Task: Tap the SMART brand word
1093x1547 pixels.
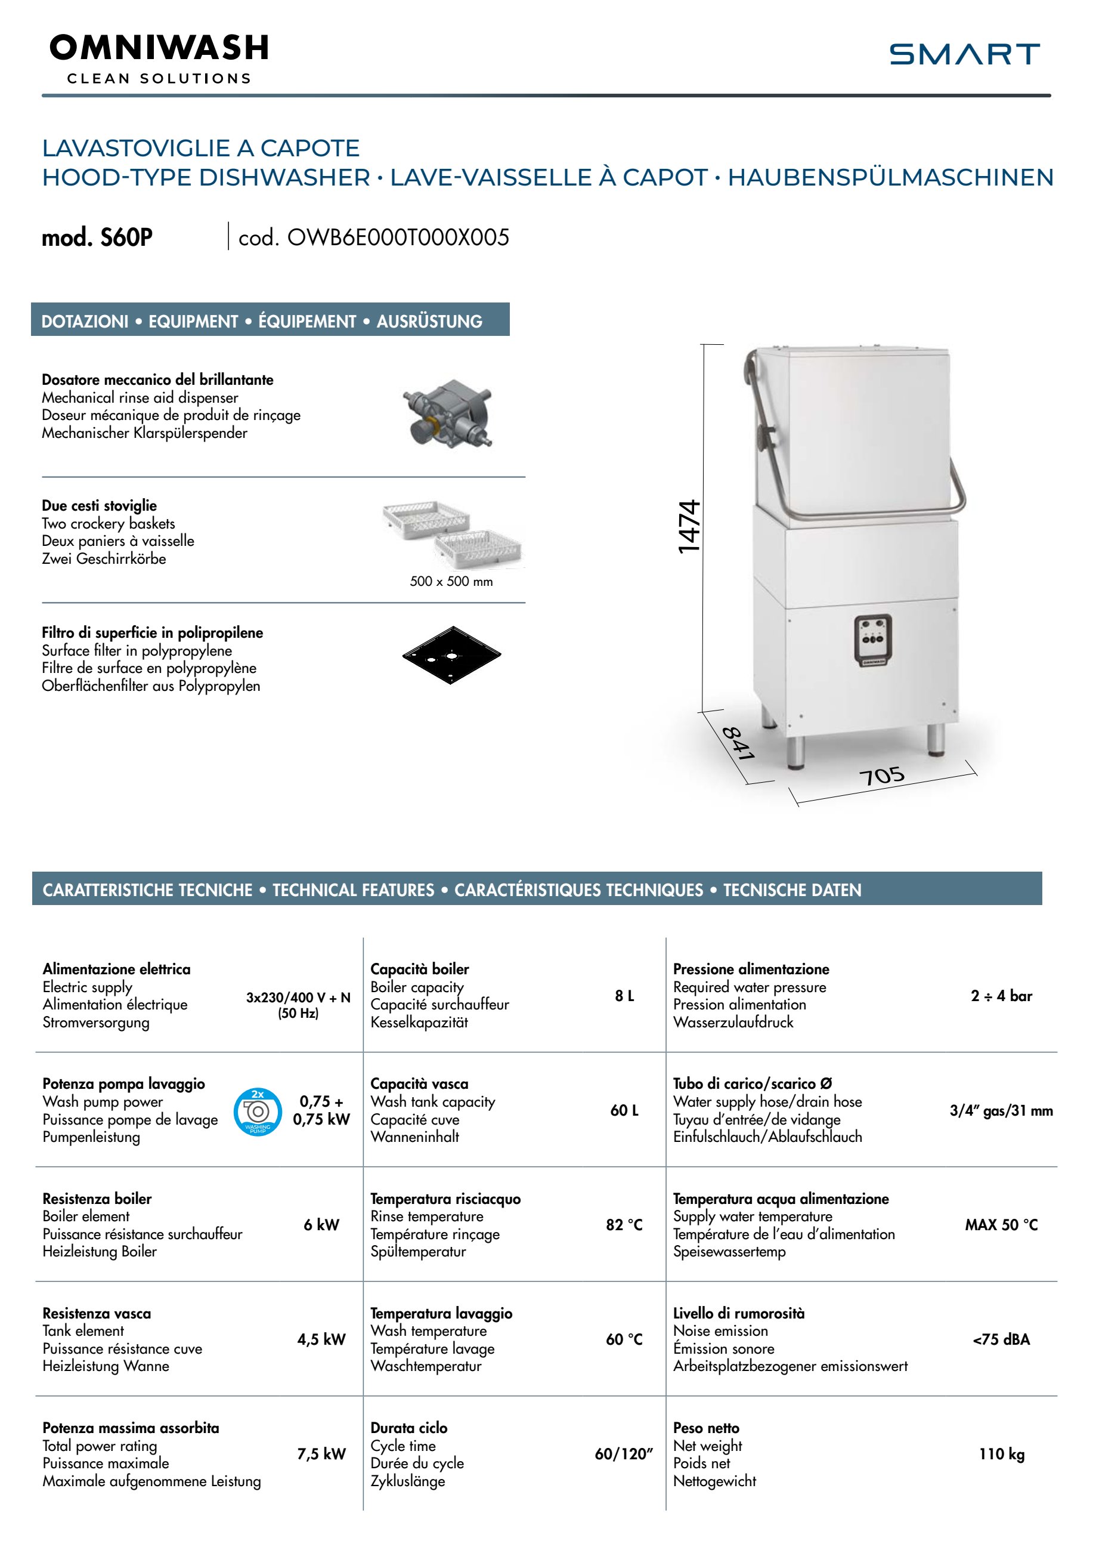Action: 964,54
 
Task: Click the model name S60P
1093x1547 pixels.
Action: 98,237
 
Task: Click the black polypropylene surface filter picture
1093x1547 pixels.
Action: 451,654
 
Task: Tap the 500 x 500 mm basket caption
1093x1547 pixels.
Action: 451,582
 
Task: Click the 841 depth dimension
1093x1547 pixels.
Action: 738,743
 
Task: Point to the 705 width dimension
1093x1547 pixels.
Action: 881,776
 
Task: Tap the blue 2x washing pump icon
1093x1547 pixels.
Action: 257,1111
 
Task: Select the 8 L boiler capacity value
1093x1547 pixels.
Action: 624,996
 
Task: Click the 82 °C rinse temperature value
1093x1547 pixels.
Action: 624,1225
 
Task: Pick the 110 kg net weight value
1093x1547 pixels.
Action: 1001,1454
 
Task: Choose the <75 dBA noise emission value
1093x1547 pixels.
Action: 1001,1339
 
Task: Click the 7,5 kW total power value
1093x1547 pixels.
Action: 321,1454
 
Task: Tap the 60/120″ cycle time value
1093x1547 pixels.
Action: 624,1454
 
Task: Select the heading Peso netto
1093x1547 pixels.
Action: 706,1428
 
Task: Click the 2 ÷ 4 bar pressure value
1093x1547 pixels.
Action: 1001,996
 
